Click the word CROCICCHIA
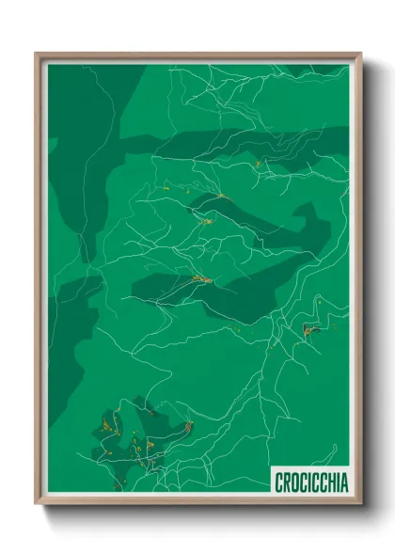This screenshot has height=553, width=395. [x=311, y=482]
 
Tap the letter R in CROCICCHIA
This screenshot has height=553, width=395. [x=287, y=482]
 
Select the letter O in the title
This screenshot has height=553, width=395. [x=294, y=482]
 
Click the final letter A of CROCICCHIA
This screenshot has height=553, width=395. [x=343, y=482]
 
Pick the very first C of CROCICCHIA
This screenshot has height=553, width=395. [x=279, y=482]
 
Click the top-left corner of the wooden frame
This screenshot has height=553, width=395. [x=36, y=54]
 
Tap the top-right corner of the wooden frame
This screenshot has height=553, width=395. [x=361, y=54]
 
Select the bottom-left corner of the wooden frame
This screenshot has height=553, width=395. [x=36, y=504]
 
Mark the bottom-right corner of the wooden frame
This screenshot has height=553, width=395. [x=361, y=504]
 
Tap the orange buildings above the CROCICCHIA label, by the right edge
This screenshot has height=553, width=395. [x=310, y=328]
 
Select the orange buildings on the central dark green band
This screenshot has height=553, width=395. [x=199, y=278]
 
